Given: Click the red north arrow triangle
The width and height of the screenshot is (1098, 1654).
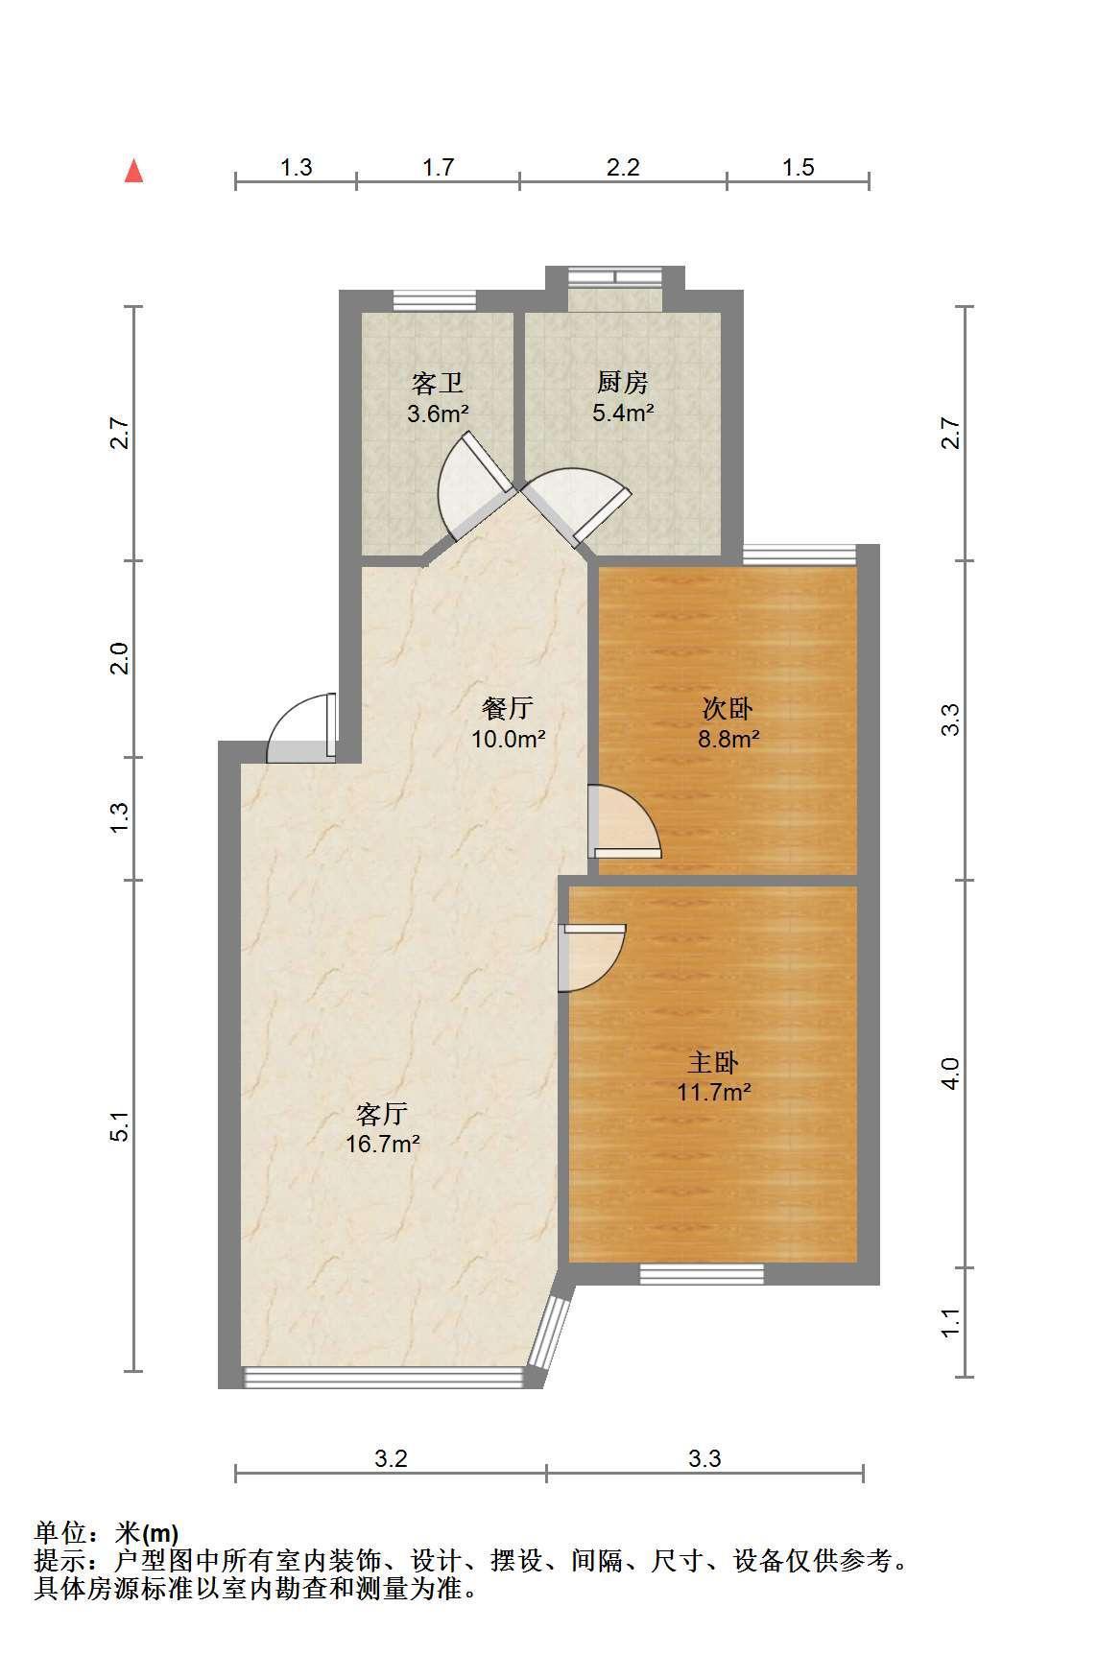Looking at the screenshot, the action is click(x=134, y=171).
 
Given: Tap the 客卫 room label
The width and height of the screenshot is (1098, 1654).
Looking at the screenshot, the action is click(x=438, y=384).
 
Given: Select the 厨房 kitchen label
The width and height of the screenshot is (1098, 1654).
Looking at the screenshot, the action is click(x=623, y=383).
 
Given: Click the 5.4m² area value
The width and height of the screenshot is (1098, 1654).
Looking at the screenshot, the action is click(x=623, y=413).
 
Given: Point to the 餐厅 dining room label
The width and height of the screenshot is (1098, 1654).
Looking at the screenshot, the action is click(x=507, y=709).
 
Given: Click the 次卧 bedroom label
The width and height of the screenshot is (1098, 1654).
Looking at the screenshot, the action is click(x=728, y=709).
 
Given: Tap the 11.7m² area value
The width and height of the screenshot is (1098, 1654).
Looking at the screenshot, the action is click(x=714, y=1092).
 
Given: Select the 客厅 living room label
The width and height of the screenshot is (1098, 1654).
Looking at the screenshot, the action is click(x=382, y=1114).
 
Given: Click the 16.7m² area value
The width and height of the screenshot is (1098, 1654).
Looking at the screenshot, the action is click(x=383, y=1144).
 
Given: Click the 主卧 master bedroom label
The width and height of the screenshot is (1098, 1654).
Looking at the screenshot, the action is click(x=713, y=1062).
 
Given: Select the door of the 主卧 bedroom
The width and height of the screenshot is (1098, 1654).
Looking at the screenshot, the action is click(x=592, y=957).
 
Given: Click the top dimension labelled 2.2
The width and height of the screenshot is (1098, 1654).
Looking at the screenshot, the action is click(x=623, y=168).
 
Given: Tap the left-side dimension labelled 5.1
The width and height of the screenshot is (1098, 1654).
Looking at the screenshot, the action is click(x=119, y=1126).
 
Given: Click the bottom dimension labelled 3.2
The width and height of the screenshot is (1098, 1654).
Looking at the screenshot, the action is click(x=391, y=1459).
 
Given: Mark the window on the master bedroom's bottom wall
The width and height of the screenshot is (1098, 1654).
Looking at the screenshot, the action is click(x=702, y=1274).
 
